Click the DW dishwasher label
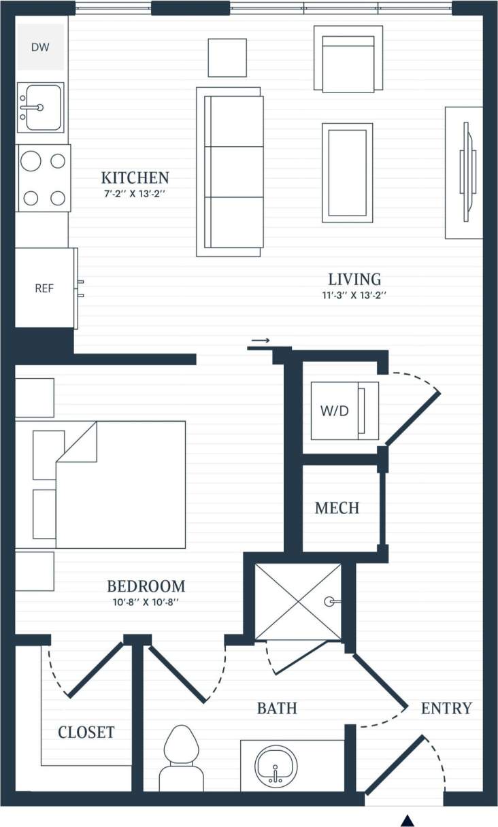pyautogui.click(x=41, y=47)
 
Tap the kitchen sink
pyautogui.click(x=40, y=107)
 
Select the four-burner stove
pyautogui.click(x=44, y=179)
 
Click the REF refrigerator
pyautogui.click(x=44, y=288)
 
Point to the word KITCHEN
pyautogui.click(x=135, y=178)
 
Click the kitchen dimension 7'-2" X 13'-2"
pyautogui.click(x=135, y=194)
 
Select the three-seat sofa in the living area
pyautogui.click(x=230, y=171)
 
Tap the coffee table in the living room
pyautogui.click(x=347, y=172)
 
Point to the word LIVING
pyautogui.click(x=354, y=279)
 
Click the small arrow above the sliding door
pyautogui.click(x=260, y=340)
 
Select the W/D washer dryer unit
pyautogui.click(x=344, y=411)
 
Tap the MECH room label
pyautogui.click(x=337, y=508)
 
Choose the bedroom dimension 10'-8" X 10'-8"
pyautogui.click(x=146, y=602)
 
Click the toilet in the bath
pyautogui.click(x=181, y=758)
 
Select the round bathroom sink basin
pyautogui.click(x=276, y=766)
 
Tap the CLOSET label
pyautogui.click(x=86, y=732)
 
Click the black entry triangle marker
pyautogui.click(x=408, y=820)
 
